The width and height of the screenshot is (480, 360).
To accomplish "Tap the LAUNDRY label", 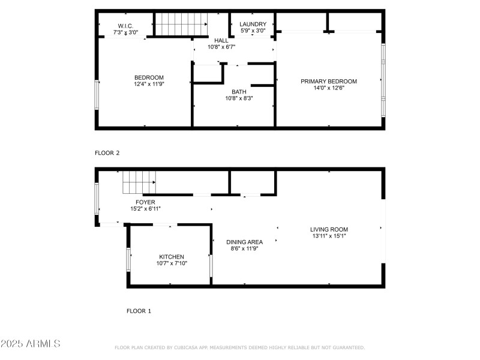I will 253,24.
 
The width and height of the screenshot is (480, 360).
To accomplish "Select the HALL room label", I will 221,40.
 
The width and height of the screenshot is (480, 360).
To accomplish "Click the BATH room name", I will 239,92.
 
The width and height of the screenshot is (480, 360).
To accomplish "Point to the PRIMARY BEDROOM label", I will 329,82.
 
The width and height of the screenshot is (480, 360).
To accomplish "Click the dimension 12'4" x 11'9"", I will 149,85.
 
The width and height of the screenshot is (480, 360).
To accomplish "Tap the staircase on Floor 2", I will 181,23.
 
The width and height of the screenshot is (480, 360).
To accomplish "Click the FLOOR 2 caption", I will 107,153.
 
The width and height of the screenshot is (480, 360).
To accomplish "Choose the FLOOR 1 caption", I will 139,311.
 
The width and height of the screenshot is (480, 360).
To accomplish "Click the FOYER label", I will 145,202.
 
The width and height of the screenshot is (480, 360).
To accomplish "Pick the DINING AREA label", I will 244,242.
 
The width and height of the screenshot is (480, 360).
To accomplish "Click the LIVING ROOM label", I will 329,229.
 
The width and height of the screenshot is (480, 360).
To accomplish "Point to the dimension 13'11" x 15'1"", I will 329,236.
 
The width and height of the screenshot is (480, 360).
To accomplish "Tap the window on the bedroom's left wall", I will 97,95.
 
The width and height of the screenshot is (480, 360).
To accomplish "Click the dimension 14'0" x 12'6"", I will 329,88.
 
